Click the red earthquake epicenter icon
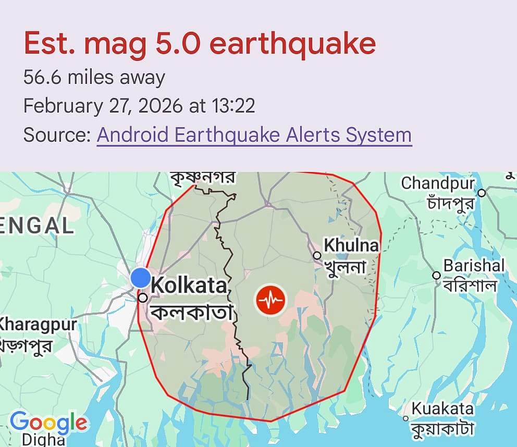[x=270, y=300]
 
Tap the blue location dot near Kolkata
[x=140, y=278]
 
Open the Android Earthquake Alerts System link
[x=254, y=135]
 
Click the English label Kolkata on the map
[x=189, y=285]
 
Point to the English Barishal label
[x=474, y=266]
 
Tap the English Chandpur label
[x=438, y=183]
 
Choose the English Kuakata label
[x=442, y=409]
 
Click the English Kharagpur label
[x=38, y=325]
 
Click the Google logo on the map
[x=48, y=422]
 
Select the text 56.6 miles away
[x=94, y=78]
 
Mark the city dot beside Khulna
[x=317, y=255]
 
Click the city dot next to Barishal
[x=437, y=275]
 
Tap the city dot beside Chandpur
[x=482, y=193]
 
